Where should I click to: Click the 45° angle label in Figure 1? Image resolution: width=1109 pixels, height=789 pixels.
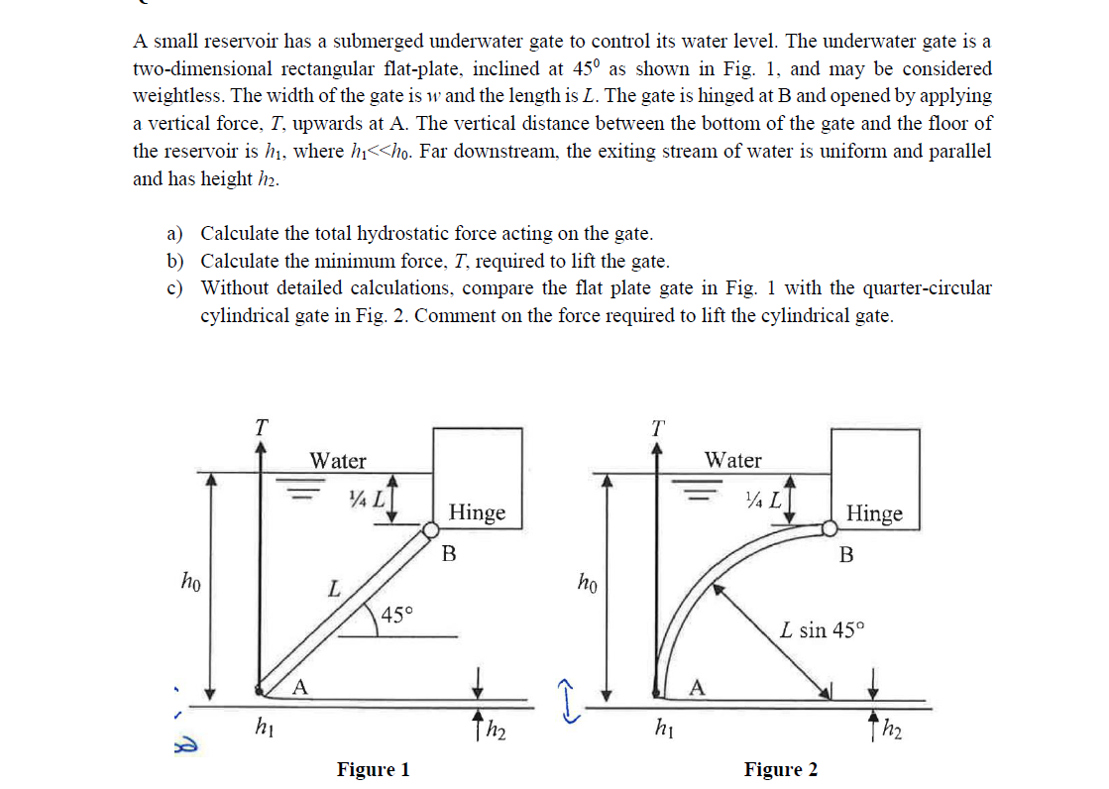pyautogui.click(x=396, y=615)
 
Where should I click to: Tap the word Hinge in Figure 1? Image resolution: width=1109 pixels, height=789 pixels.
pyautogui.click(x=477, y=512)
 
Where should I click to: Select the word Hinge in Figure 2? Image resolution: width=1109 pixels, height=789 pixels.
pyautogui.click(x=875, y=513)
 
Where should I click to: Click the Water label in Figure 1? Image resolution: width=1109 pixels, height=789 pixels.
pyautogui.click(x=338, y=461)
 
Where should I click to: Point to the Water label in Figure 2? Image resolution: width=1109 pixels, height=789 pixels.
pyautogui.click(x=733, y=460)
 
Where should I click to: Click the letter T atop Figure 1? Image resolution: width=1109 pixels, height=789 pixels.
pyautogui.click(x=261, y=427)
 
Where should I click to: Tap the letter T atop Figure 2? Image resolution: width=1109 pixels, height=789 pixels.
pyautogui.click(x=657, y=427)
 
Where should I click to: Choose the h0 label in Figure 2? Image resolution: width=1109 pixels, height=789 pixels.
pyautogui.click(x=587, y=579)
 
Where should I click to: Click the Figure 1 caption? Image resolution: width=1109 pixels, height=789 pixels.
pyautogui.click(x=373, y=769)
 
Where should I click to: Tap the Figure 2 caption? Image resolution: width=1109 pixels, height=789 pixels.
pyautogui.click(x=781, y=769)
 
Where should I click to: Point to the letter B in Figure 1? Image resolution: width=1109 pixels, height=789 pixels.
pyautogui.click(x=448, y=553)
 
